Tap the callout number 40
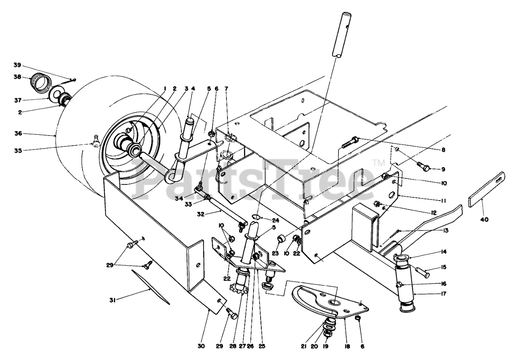(x=484, y=220)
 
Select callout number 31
(x=112, y=299)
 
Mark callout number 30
(x=201, y=346)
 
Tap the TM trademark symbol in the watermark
(x=379, y=163)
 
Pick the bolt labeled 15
(x=422, y=273)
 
